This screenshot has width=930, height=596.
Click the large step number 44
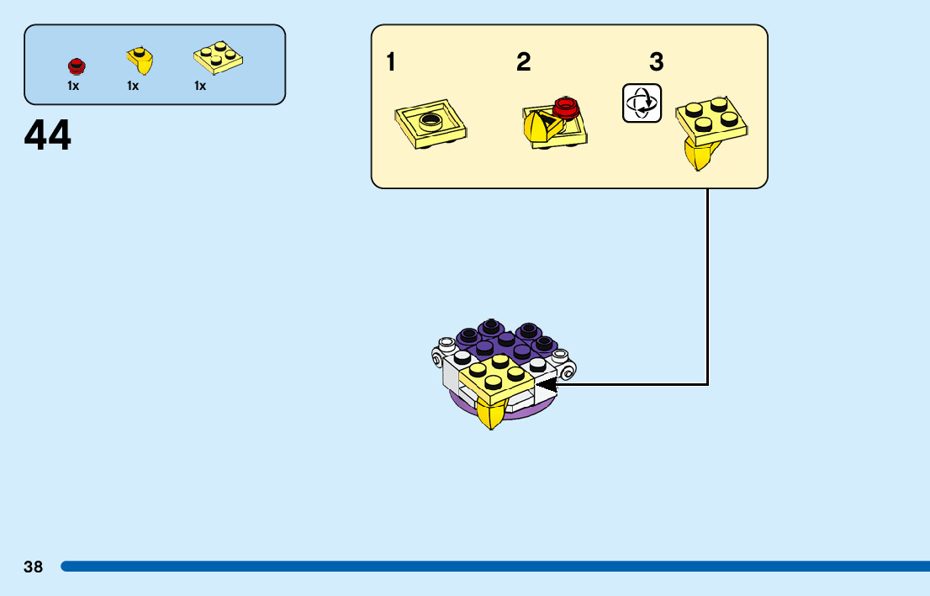(48, 136)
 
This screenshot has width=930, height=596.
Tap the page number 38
(33, 567)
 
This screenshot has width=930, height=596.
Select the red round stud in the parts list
(77, 65)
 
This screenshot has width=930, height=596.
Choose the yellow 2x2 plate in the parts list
(219, 56)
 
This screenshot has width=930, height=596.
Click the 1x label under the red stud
(73, 86)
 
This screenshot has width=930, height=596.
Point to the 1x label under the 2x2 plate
(200, 86)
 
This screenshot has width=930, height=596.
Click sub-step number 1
(391, 62)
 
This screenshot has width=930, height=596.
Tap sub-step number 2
(524, 62)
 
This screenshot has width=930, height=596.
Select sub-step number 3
(657, 62)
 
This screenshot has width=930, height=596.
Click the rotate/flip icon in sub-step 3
(642, 103)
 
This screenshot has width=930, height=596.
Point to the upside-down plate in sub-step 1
(431, 125)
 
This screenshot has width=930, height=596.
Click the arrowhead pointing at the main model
(547, 385)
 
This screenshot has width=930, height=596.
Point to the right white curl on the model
(568, 368)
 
